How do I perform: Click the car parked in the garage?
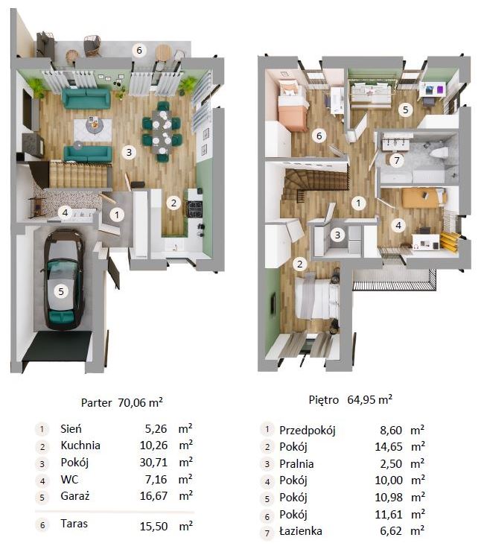point(63,280)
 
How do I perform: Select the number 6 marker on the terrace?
point(139,51)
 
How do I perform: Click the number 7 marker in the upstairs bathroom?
point(397,160)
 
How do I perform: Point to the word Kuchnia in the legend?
point(80,445)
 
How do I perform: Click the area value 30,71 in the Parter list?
point(153,462)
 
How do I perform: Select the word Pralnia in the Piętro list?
point(296,463)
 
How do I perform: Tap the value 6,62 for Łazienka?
point(391,531)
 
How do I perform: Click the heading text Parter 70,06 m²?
point(122,402)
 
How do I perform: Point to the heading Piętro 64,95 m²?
point(350,399)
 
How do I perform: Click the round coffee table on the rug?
point(94,125)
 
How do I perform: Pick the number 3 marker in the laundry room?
point(337,235)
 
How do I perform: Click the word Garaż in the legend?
point(75,496)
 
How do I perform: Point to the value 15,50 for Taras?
point(153,527)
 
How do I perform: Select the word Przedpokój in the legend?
point(308,430)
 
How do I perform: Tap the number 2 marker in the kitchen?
point(173,203)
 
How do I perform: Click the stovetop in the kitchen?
point(194,208)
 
